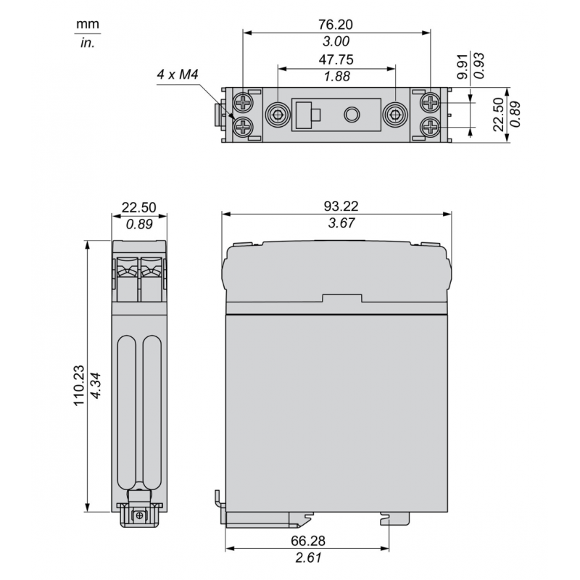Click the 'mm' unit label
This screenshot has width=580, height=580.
click(87, 25)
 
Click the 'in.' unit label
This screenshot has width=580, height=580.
click(87, 43)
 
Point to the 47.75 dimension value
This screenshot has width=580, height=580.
click(336, 59)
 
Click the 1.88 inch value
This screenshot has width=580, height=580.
click(336, 78)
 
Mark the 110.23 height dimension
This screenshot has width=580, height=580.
click(79, 376)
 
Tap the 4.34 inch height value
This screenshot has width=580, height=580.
click(98, 376)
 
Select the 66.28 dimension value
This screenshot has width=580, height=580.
click(310, 540)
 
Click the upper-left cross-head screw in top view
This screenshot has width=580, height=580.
click(245, 101)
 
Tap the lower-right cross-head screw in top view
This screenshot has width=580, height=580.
click(431, 128)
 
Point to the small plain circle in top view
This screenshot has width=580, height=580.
click(352, 115)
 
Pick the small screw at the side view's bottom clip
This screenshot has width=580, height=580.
click(139, 515)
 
